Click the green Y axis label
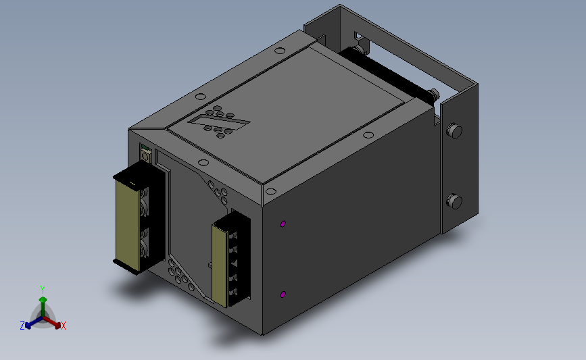coord(43,290)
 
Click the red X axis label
coord(63,326)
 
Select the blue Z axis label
coord(22,326)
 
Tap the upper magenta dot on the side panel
coord(283,224)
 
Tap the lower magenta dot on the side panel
coord(283,294)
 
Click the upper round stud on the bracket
coord(454,131)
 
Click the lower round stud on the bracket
coord(454,201)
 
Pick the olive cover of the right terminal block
coord(220,265)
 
